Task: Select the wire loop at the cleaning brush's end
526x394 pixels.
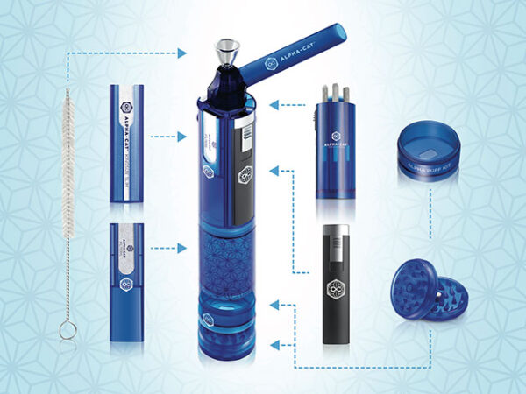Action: point(67,329)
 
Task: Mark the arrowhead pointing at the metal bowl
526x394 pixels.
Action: point(182,53)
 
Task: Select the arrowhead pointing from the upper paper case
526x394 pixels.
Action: point(182,137)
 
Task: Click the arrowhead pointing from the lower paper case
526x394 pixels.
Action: point(182,249)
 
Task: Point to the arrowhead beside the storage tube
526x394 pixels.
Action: point(274,105)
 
